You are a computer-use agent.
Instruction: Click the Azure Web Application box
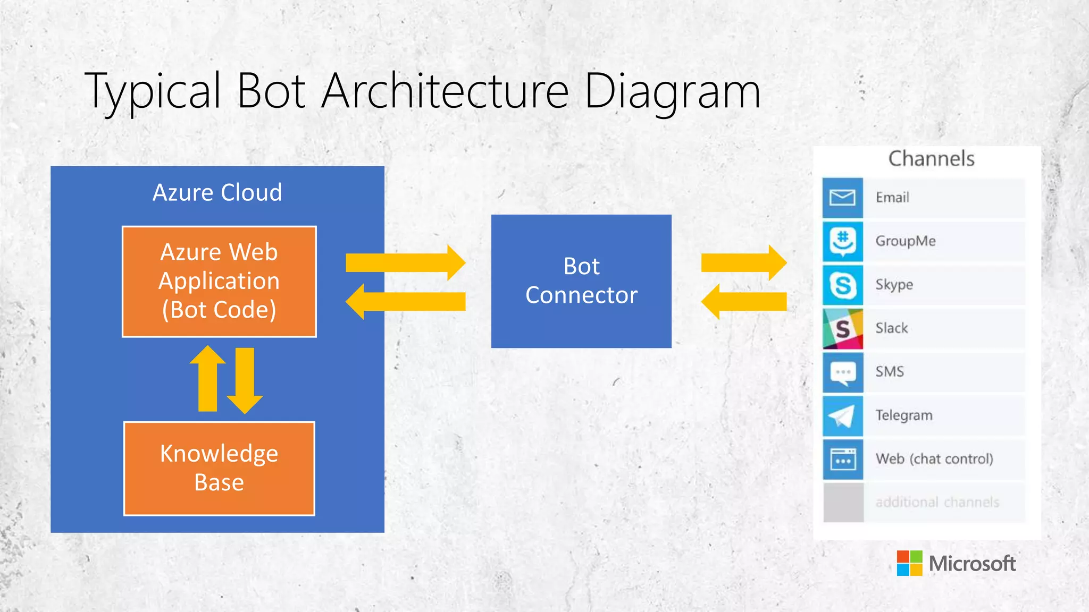point(219,282)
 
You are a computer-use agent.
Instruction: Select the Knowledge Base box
point(219,468)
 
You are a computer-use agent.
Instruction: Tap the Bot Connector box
point(581,281)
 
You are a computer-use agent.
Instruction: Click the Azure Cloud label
point(217,192)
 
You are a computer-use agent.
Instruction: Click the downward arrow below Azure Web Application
point(245,380)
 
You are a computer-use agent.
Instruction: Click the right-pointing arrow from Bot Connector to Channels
point(743,263)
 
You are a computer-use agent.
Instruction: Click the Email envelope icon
point(843,198)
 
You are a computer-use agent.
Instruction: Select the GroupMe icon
point(843,241)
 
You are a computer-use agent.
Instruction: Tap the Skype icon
point(843,285)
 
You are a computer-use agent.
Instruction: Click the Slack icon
point(843,329)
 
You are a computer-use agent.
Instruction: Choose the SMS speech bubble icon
point(843,372)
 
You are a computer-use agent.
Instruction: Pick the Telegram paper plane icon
point(843,416)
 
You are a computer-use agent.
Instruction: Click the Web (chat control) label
point(934,459)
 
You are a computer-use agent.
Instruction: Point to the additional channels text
point(937,503)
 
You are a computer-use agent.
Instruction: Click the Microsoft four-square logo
point(909,563)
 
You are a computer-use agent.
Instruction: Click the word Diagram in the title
point(672,91)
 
